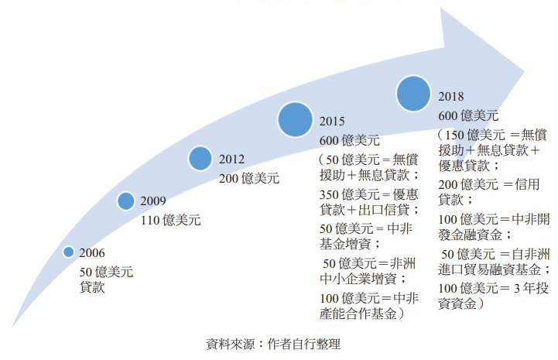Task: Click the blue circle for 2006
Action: pos(68,252)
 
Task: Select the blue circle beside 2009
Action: pos(126,201)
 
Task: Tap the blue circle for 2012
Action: pos(201,158)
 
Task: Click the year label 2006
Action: pos(92,253)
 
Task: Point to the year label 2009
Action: pos(152,201)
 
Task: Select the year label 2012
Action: pos(232,159)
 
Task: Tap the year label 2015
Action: pos(333,122)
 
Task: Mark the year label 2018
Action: pos(451,97)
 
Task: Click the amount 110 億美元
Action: pos(170,220)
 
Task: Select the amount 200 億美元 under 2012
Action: pos(248,178)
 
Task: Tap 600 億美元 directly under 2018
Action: pos(468,116)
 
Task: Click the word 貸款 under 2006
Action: pos(92,288)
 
